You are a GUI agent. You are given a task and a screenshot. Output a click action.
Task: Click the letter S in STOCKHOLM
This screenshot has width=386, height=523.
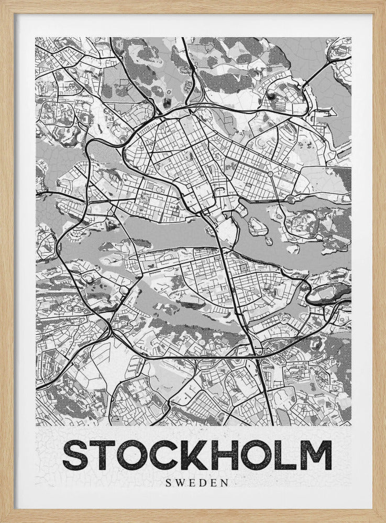click(x=75, y=454)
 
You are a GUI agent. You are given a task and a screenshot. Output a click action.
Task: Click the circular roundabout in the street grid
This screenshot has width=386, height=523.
click(x=270, y=173)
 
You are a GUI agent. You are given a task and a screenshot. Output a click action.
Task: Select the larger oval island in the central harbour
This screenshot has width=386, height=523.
click(x=258, y=226)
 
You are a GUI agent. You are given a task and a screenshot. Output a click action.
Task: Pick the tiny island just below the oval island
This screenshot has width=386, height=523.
click(x=268, y=242)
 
